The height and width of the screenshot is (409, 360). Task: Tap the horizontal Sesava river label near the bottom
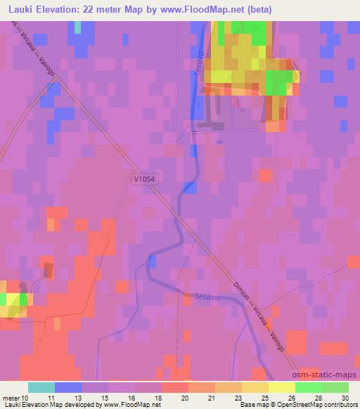coord(201,298)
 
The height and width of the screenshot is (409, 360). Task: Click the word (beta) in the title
coord(256,10)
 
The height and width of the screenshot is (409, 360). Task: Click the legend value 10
coord(25,398)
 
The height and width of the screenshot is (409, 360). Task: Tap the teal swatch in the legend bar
coord(41,387)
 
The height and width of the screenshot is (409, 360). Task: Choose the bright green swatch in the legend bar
coord(308,387)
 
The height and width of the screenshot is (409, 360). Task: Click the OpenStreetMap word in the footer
coord(302,405)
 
